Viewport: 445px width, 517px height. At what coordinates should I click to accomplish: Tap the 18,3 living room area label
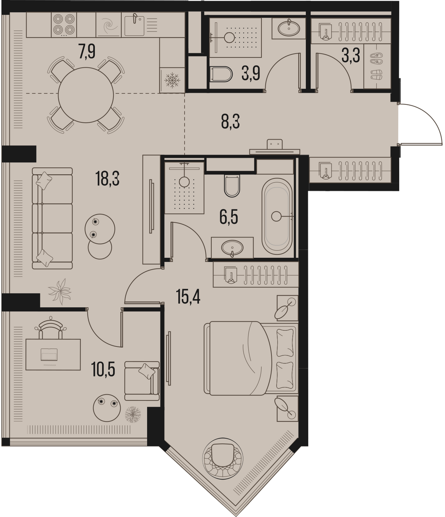(107, 179)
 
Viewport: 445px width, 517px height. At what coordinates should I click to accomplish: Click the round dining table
(86, 95)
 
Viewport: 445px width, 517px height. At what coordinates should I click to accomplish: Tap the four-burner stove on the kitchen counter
(64, 25)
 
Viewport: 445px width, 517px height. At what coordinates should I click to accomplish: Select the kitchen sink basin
(134, 26)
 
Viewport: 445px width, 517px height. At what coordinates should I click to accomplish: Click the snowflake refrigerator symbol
(172, 81)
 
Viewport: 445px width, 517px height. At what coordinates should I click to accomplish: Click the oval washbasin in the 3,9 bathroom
(289, 28)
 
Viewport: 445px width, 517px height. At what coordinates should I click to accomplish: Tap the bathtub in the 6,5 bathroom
(277, 216)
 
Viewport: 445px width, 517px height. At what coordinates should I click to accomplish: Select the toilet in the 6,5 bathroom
(232, 185)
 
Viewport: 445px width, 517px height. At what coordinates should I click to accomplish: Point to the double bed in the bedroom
(251, 358)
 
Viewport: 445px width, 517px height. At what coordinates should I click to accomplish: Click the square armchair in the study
(142, 381)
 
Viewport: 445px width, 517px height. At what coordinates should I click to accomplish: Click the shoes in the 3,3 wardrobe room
(376, 66)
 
